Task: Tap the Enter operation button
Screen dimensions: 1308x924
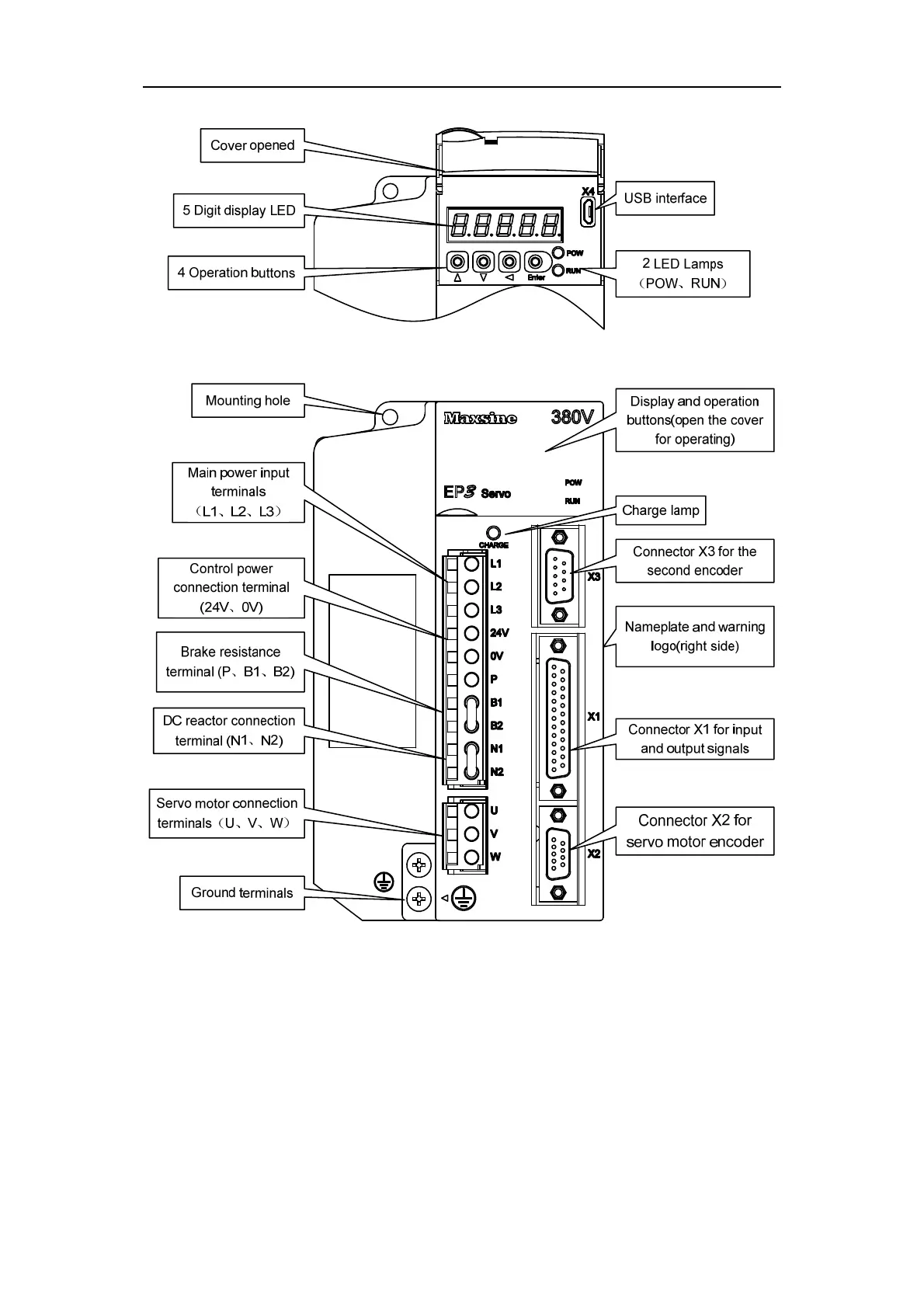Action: click(534, 261)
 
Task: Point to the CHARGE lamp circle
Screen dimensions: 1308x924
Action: click(493, 533)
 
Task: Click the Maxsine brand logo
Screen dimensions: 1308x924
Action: click(480, 419)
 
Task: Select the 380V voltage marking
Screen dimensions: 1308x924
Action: click(572, 417)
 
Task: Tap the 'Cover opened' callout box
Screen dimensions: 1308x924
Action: click(252, 145)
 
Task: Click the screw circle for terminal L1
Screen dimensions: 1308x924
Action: click(471, 563)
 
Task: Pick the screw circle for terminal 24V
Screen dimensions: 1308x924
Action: click(471, 632)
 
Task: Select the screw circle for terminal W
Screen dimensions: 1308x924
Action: click(471, 857)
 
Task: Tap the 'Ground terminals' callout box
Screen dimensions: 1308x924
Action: click(242, 892)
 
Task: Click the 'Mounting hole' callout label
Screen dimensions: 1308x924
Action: click(248, 401)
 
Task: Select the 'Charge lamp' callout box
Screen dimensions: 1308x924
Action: click(660, 510)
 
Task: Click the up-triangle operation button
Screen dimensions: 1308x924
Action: click(458, 261)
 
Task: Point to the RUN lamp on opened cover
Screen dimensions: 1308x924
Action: click(558, 271)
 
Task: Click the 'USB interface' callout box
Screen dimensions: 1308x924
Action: click(665, 198)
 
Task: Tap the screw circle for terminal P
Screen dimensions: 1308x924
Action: click(471, 679)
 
